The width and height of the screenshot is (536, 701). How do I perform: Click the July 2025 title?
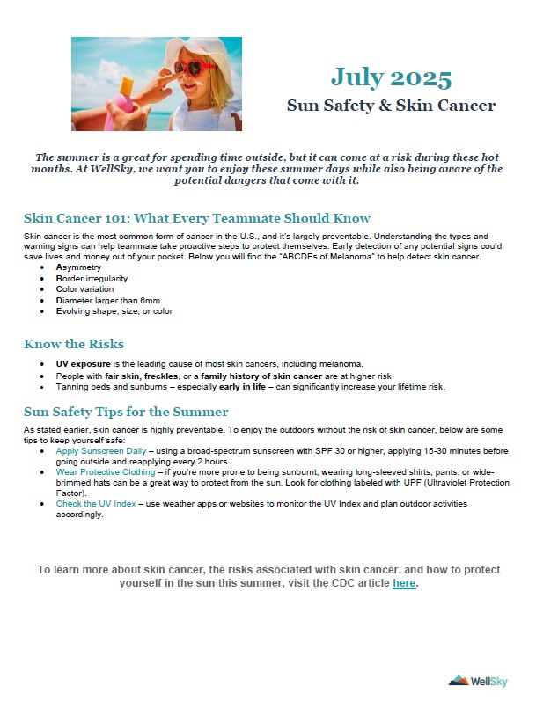coord(391,77)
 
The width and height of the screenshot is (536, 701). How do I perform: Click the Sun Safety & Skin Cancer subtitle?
coord(391,106)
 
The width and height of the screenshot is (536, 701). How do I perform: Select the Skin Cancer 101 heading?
coord(197,218)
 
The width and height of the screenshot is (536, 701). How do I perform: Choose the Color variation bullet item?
coord(84,288)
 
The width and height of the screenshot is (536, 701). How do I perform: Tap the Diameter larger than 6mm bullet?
coord(107,300)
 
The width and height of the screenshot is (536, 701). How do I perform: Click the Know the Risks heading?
coord(74,343)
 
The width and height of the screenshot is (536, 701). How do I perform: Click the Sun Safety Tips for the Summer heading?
coord(126,412)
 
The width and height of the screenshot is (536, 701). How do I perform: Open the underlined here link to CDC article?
coord(404,583)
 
